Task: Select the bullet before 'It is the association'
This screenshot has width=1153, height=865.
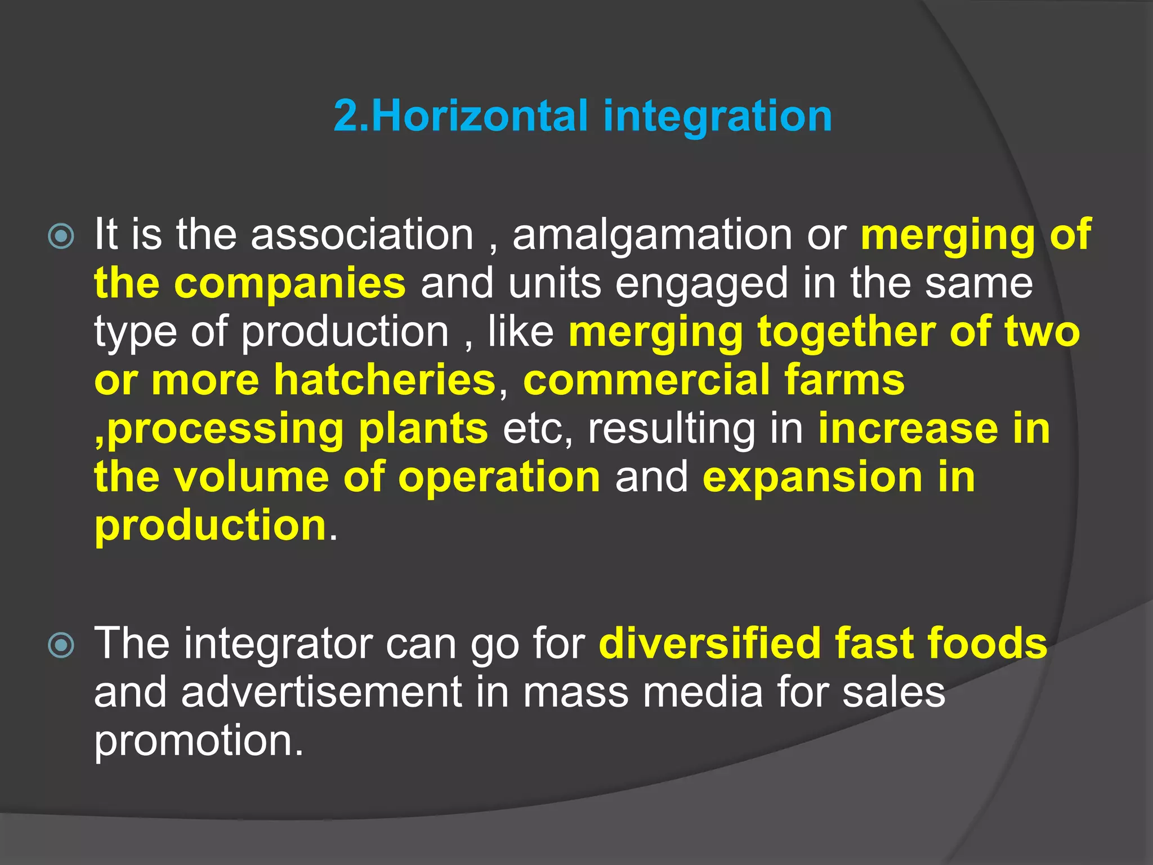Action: coord(61,237)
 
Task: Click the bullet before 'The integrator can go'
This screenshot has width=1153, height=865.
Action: coord(61,645)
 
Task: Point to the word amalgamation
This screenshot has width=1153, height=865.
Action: coord(652,235)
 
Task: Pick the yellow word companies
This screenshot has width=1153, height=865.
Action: coord(289,284)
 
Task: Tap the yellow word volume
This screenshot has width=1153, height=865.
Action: coord(251,478)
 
